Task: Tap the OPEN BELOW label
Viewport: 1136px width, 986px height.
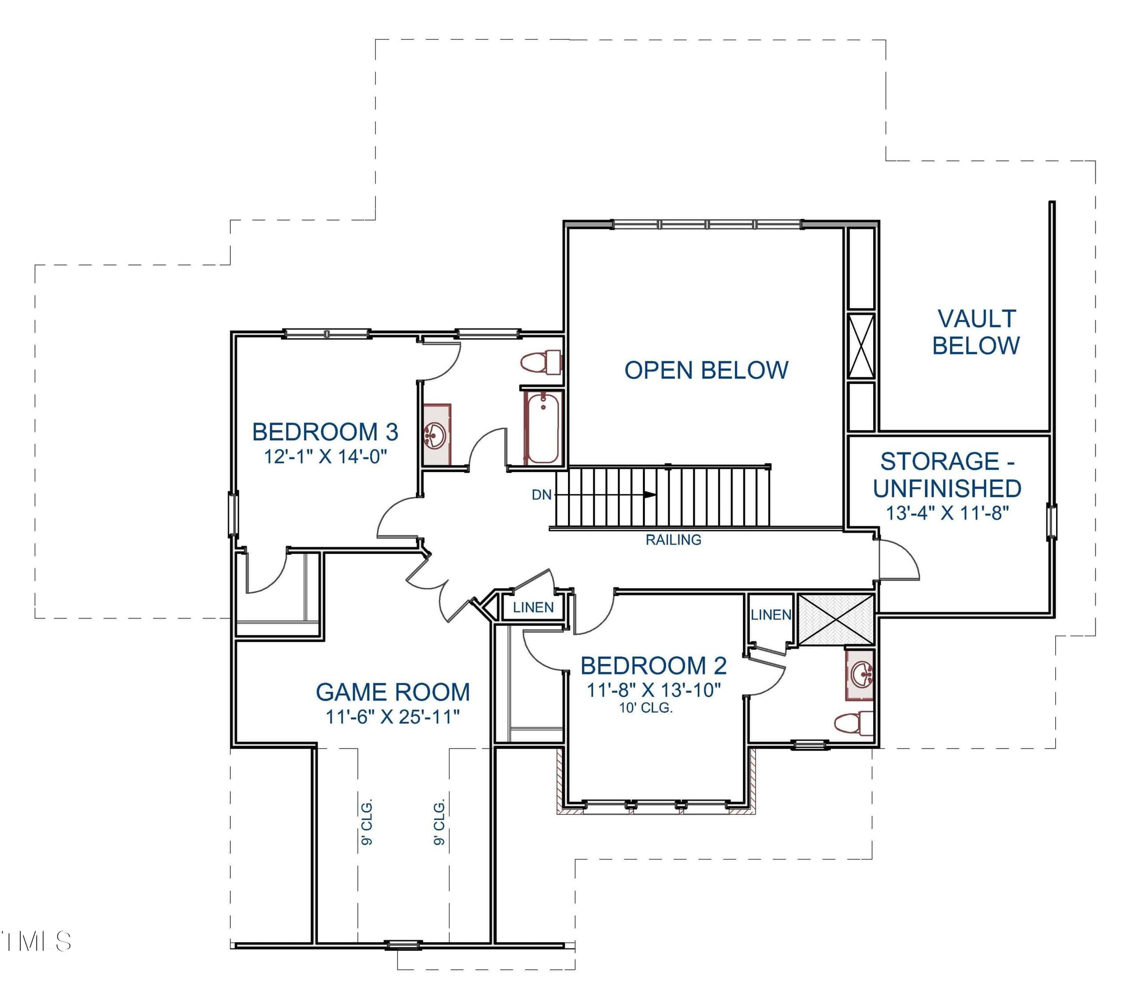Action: coord(706,370)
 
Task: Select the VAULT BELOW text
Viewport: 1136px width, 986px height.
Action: coord(976,332)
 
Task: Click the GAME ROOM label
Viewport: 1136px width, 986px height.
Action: coord(393,692)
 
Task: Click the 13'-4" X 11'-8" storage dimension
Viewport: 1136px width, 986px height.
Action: coord(947,513)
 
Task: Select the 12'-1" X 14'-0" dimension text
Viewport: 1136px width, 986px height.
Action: coord(326,457)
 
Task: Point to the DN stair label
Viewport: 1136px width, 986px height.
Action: coord(541,495)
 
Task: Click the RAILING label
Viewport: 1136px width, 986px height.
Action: coord(673,540)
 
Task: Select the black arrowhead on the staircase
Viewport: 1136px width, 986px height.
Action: coord(650,495)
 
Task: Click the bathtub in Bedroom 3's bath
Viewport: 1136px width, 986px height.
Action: coord(542,427)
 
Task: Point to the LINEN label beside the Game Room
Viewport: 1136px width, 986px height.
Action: coord(533,607)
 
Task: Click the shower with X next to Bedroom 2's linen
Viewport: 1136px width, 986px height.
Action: coord(836,619)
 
